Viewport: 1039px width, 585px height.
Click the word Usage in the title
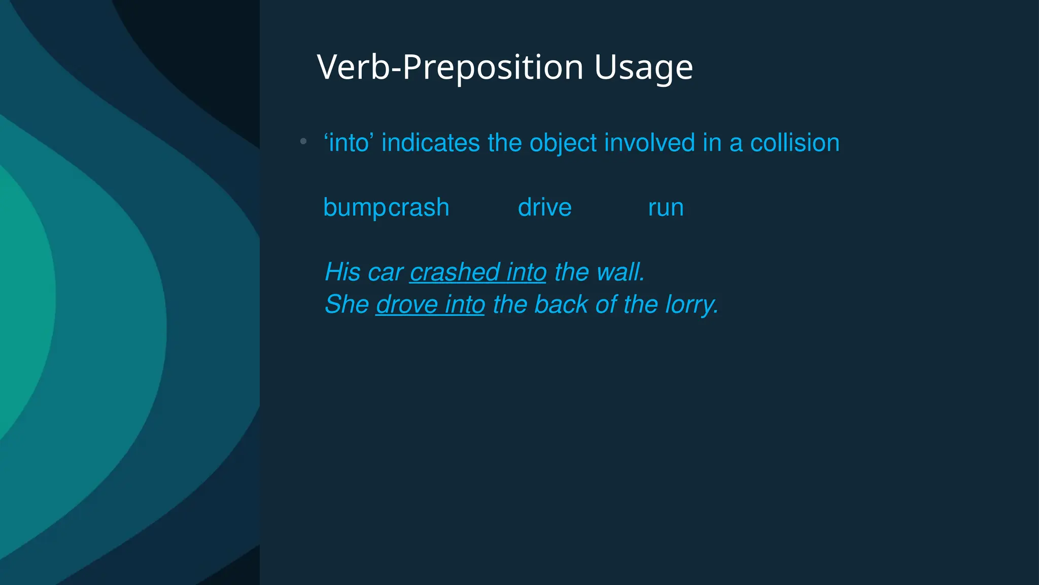(x=643, y=67)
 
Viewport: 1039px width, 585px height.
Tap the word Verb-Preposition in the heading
(x=450, y=67)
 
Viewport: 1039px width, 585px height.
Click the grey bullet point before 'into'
(x=303, y=141)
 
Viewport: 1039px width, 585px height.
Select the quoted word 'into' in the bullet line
(x=349, y=143)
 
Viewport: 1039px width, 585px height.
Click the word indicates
(x=430, y=143)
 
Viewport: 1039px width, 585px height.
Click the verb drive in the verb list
(x=544, y=208)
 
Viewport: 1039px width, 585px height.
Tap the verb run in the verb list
(x=666, y=208)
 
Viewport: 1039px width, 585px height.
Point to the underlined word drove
(x=407, y=305)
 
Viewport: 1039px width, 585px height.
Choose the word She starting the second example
(x=347, y=305)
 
